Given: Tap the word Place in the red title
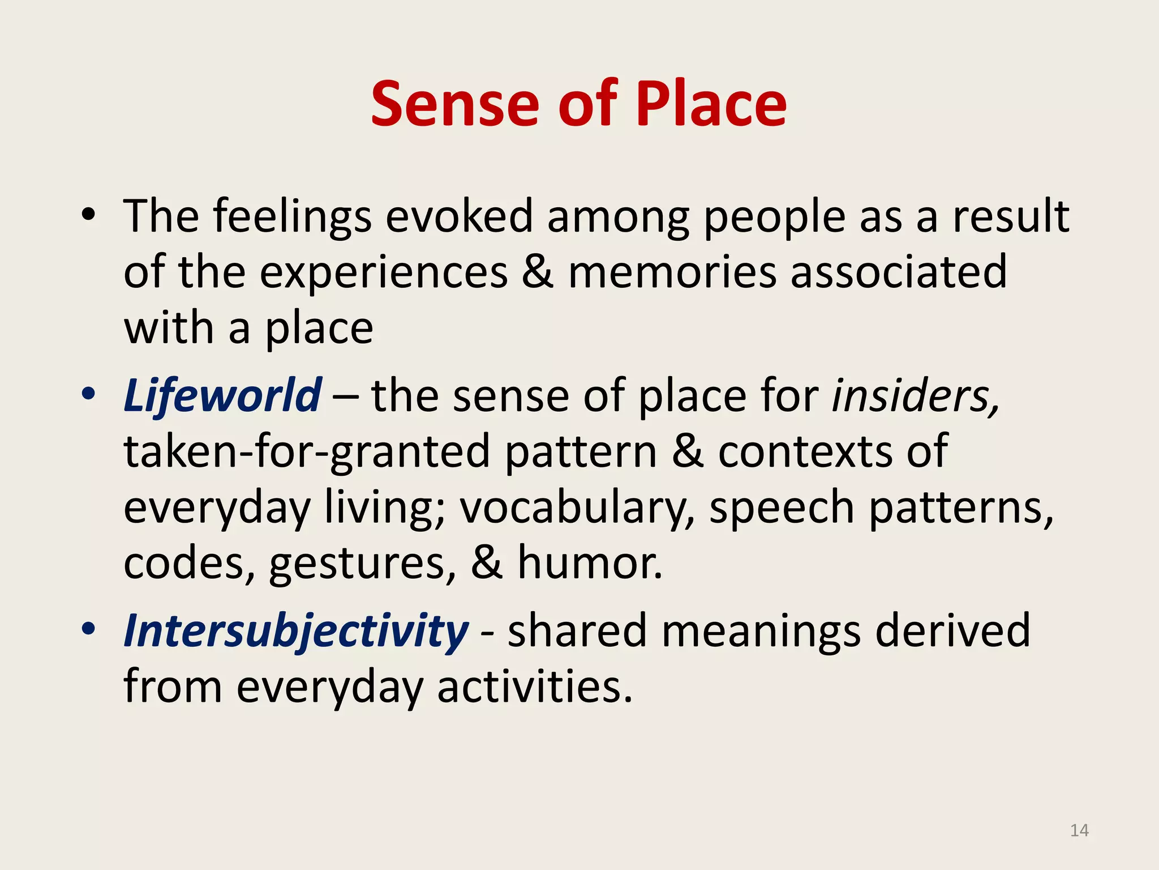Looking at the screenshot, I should coord(711,104).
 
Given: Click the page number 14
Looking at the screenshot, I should coord(1079,830).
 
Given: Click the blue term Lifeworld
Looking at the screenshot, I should coord(223,395).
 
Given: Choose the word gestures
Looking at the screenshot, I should coord(362,564).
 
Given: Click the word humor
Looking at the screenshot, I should coord(590,563).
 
